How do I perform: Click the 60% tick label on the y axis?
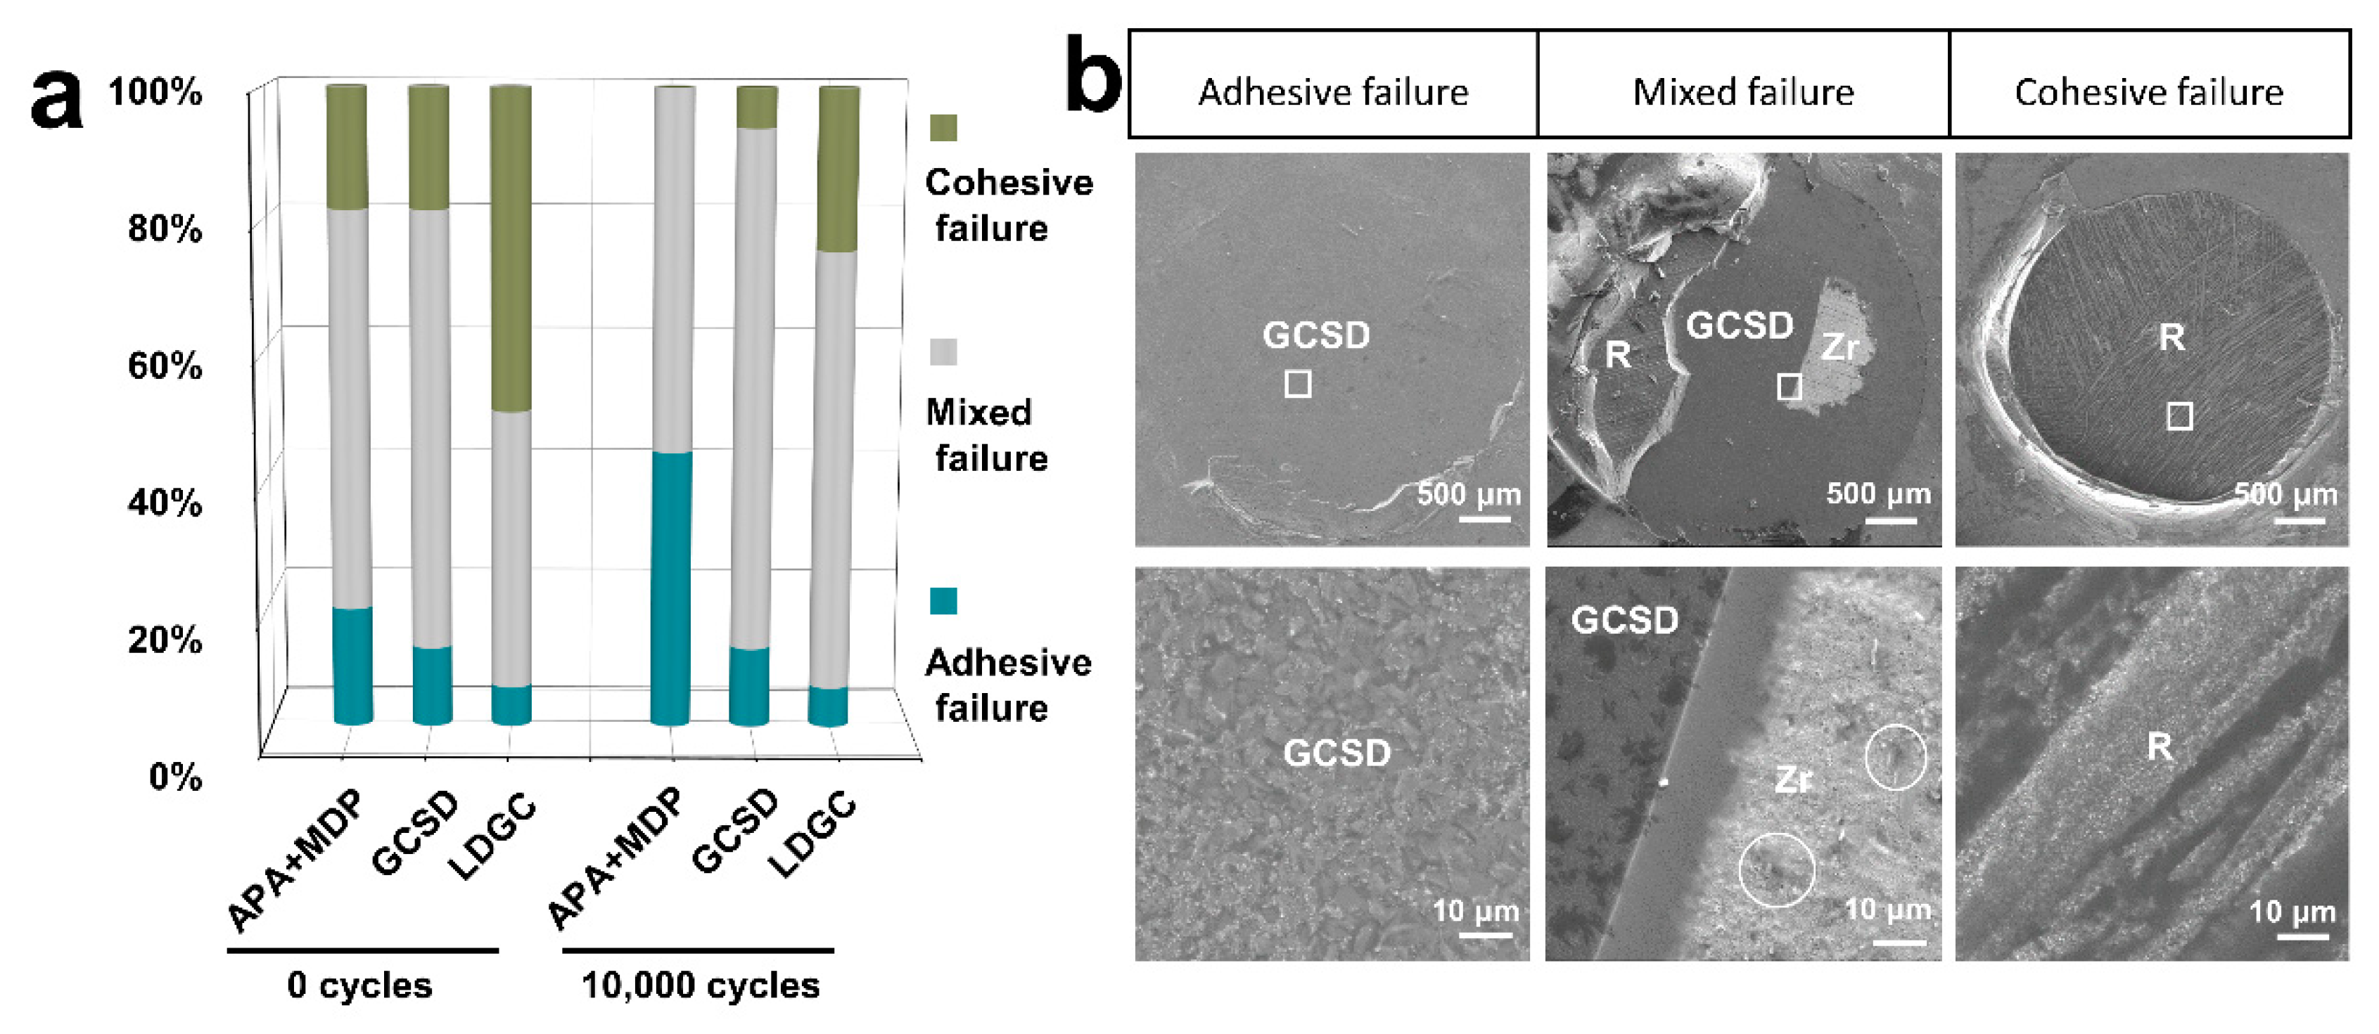165,366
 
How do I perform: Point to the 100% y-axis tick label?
155,92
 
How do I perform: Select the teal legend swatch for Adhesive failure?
943,601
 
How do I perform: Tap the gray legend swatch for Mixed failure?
943,351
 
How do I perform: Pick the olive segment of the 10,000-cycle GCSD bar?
758,107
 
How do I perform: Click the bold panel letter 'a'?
57,100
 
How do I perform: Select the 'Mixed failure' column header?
1742,92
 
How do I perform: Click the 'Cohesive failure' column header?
2149,92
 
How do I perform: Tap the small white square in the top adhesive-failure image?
1298,383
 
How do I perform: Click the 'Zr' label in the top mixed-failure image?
1839,347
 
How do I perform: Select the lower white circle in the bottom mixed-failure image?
1776,870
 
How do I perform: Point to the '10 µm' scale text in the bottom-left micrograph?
1475,911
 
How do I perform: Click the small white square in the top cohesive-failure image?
2179,416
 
